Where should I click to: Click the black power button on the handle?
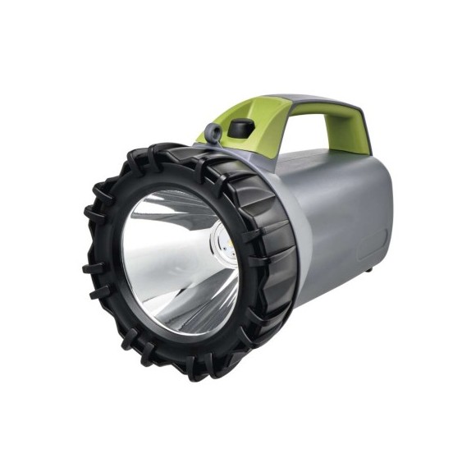tap(240, 128)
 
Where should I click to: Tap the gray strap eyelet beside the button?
tap(212, 132)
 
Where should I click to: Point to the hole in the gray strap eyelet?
tap(212, 131)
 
